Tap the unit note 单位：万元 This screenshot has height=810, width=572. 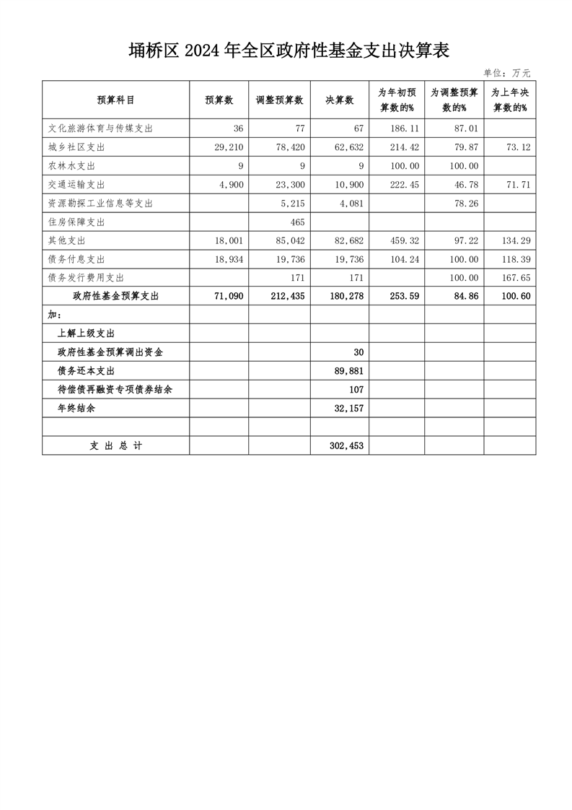(x=506, y=73)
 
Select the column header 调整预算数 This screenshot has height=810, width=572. (x=279, y=100)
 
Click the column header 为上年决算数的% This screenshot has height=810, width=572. (x=510, y=100)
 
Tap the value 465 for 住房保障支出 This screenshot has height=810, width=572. (x=296, y=222)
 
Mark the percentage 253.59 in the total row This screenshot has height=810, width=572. (x=402, y=296)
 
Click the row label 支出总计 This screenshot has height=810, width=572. (x=115, y=446)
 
